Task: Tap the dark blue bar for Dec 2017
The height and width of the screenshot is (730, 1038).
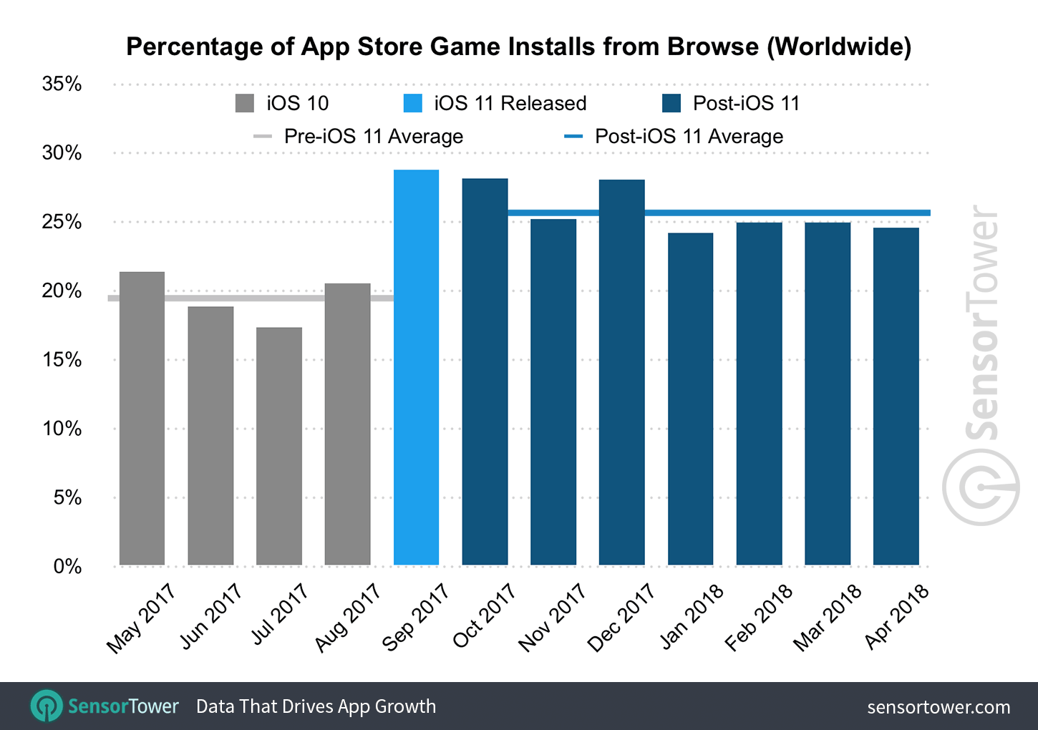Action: pyautogui.click(x=621, y=372)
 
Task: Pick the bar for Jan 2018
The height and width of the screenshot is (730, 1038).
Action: pyautogui.click(x=690, y=399)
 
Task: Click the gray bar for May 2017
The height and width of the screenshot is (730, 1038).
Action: pyautogui.click(x=142, y=419)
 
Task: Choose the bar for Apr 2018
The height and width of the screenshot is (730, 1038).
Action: pyautogui.click(x=896, y=396)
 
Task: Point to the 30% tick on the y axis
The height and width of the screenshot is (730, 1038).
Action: pyautogui.click(x=62, y=152)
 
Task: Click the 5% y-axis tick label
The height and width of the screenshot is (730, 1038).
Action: pyautogui.click(x=67, y=497)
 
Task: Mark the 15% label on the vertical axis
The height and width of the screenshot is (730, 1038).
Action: pyautogui.click(x=62, y=359)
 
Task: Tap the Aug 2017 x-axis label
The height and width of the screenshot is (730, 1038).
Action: pyautogui.click(x=348, y=617)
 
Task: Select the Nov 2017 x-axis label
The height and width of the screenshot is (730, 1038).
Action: pyautogui.click(x=552, y=617)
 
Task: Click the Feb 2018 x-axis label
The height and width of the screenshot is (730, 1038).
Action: pyautogui.click(x=758, y=617)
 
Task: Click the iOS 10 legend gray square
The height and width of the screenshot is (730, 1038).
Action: pyautogui.click(x=245, y=103)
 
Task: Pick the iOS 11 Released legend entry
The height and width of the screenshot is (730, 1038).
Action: pyautogui.click(x=510, y=103)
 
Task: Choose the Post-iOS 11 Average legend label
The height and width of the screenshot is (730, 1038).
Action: pyautogui.click(x=689, y=136)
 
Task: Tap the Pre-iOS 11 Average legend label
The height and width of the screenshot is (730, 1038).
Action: pyautogui.click(x=373, y=136)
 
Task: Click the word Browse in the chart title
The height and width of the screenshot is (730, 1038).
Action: pyautogui.click(x=712, y=47)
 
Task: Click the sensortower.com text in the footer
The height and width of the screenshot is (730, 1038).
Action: pyautogui.click(x=938, y=707)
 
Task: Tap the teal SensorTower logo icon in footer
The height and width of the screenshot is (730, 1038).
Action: pyautogui.click(x=47, y=706)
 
